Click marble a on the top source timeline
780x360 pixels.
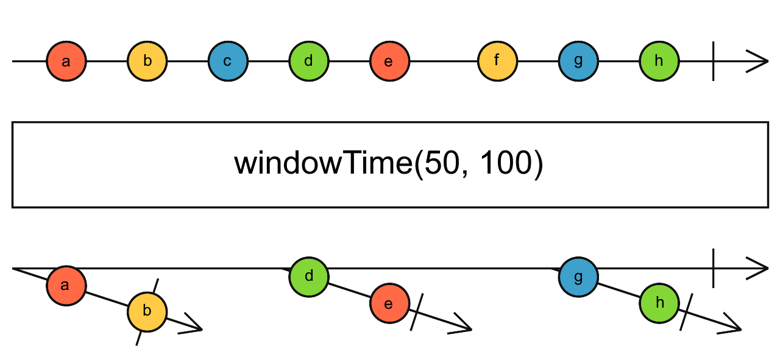tap(66, 62)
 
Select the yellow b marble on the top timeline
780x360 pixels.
tap(147, 62)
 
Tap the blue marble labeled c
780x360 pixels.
tap(228, 62)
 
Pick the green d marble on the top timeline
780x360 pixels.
tap(309, 62)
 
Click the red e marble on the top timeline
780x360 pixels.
tap(390, 62)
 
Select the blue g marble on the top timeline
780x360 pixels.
tap(578, 62)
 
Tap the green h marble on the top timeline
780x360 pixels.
tap(659, 62)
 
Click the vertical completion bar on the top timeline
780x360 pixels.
tap(713, 62)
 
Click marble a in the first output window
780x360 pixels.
tap(66, 285)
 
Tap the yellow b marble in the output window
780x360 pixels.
tap(147, 311)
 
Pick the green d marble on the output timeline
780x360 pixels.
tap(309, 276)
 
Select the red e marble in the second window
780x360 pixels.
tap(390, 303)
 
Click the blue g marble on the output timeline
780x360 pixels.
tap(578, 277)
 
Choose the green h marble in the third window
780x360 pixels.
tap(659, 303)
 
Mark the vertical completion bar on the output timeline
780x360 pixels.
tap(713, 268)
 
